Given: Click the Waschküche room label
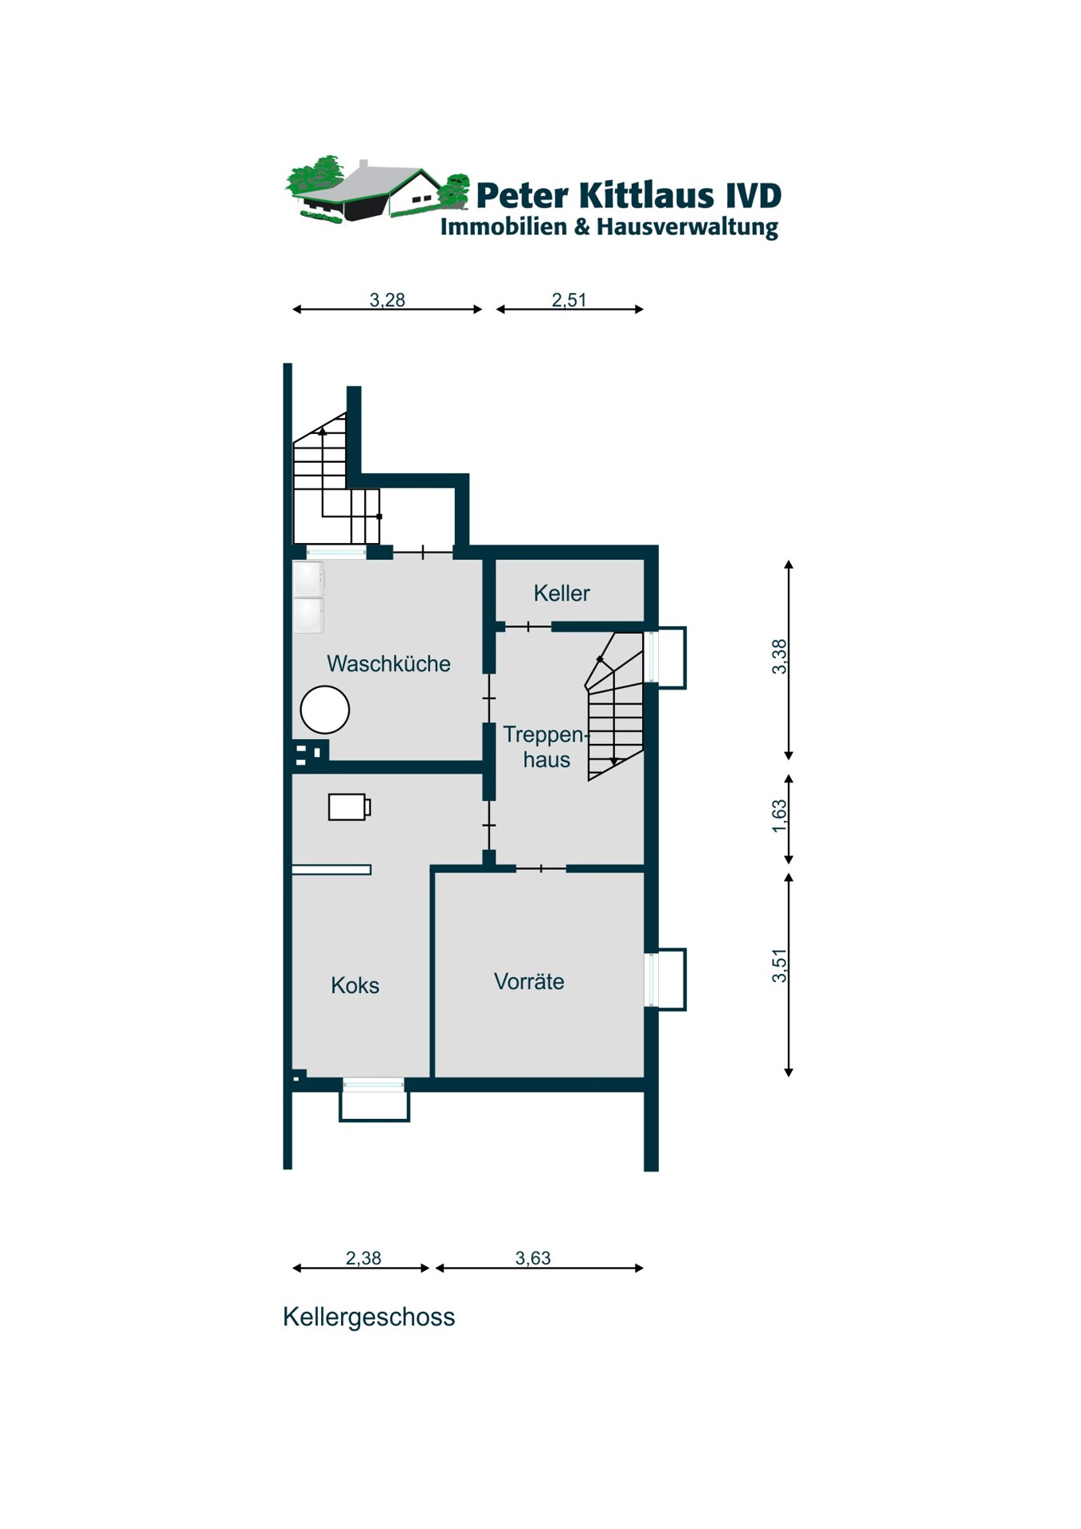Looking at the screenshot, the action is click(389, 663).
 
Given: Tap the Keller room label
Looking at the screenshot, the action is click(562, 593).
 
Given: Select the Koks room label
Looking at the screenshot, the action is click(354, 986).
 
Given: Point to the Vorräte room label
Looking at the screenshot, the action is click(529, 981).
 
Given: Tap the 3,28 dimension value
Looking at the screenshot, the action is click(387, 300).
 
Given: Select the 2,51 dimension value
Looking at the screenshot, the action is click(569, 300).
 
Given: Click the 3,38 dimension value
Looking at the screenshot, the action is click(779, 657).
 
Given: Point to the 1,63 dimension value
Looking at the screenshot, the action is click(779, 816).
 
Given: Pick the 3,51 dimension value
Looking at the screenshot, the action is click(779, 966).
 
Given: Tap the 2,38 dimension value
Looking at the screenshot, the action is click(363, 1258).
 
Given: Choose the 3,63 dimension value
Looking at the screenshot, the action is click(533, 1258).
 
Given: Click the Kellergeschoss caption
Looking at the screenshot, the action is click(369, 1317).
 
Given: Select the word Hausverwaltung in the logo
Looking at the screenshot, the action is click(687, 228).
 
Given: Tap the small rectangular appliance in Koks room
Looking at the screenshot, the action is click(349, 807).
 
